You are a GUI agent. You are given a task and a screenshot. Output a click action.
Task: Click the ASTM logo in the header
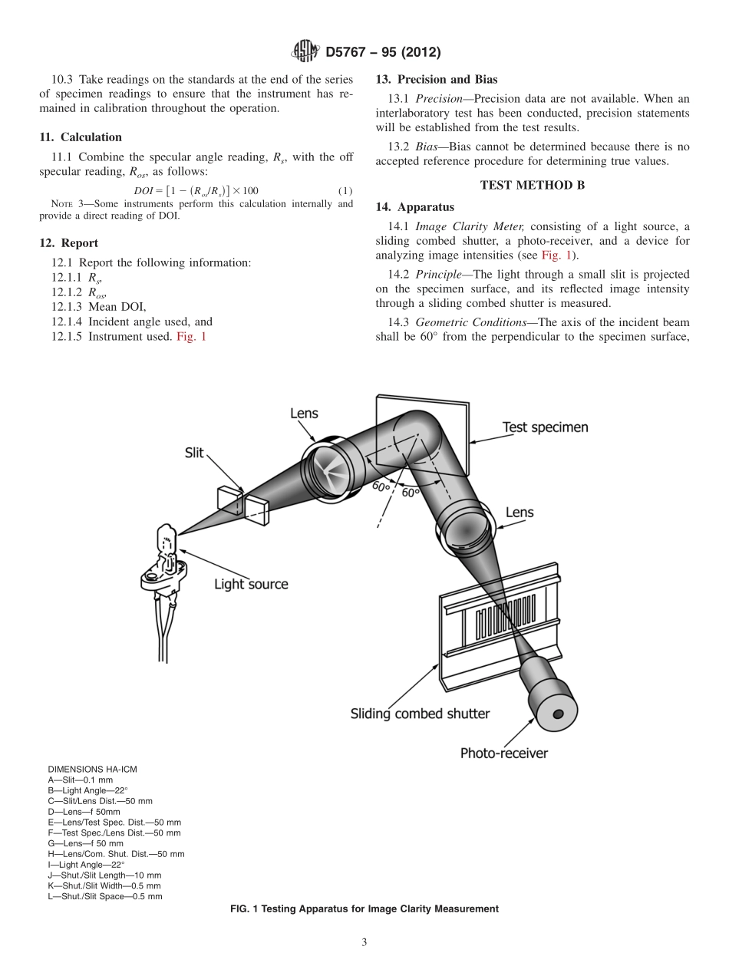[305, 52]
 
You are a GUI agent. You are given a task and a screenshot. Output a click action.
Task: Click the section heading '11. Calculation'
[81, 137]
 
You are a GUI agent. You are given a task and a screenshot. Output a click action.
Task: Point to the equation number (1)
[345, 190]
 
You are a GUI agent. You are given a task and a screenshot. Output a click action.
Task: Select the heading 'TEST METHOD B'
[526, 185]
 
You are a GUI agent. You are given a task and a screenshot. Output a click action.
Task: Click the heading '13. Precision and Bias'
[437, 79]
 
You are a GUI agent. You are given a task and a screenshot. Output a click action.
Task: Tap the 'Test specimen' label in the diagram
[545, 427]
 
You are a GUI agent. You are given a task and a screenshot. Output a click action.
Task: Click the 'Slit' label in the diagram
[194, 453]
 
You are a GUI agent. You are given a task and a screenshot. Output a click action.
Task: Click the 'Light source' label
[251, 584]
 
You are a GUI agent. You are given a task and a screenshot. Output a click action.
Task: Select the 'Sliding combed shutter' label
[420, 714]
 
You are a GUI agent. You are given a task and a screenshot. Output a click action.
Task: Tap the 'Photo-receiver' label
[503, 753]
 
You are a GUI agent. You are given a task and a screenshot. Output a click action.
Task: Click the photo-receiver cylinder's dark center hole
[558, 714]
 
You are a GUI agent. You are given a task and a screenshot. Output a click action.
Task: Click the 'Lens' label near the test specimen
[304, 414]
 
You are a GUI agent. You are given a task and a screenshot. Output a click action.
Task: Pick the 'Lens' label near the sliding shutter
[519, 512]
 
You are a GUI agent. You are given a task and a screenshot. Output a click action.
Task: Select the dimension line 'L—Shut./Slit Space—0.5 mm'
[105, 896]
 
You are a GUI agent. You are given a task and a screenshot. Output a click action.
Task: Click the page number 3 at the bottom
[364, 943]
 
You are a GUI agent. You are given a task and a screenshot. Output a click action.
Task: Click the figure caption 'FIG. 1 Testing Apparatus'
[364, 908]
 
